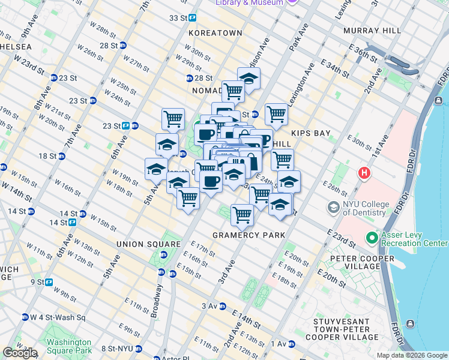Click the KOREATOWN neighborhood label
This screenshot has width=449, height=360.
click(x=215, y=33)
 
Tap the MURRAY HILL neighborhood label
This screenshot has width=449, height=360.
click(x=370, y=30)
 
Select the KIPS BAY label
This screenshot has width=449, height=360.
click(x=311, y=133)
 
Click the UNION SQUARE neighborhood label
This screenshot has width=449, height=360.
click(x=149, y=244)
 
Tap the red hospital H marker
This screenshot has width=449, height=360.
click(x=364, y=173)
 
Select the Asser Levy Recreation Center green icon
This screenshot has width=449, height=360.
click(x=372, y=238)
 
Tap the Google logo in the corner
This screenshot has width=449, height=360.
click(x=20, y=353)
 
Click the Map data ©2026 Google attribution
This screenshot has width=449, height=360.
click(x=412, y=355)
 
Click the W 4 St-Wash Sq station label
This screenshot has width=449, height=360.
click(x=54, y=317)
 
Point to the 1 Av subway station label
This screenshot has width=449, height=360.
click(x=279, y=343)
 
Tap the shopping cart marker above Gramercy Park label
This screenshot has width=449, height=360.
click(x=242, y=214)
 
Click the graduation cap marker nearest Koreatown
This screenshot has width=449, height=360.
click(x=249, y=78)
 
